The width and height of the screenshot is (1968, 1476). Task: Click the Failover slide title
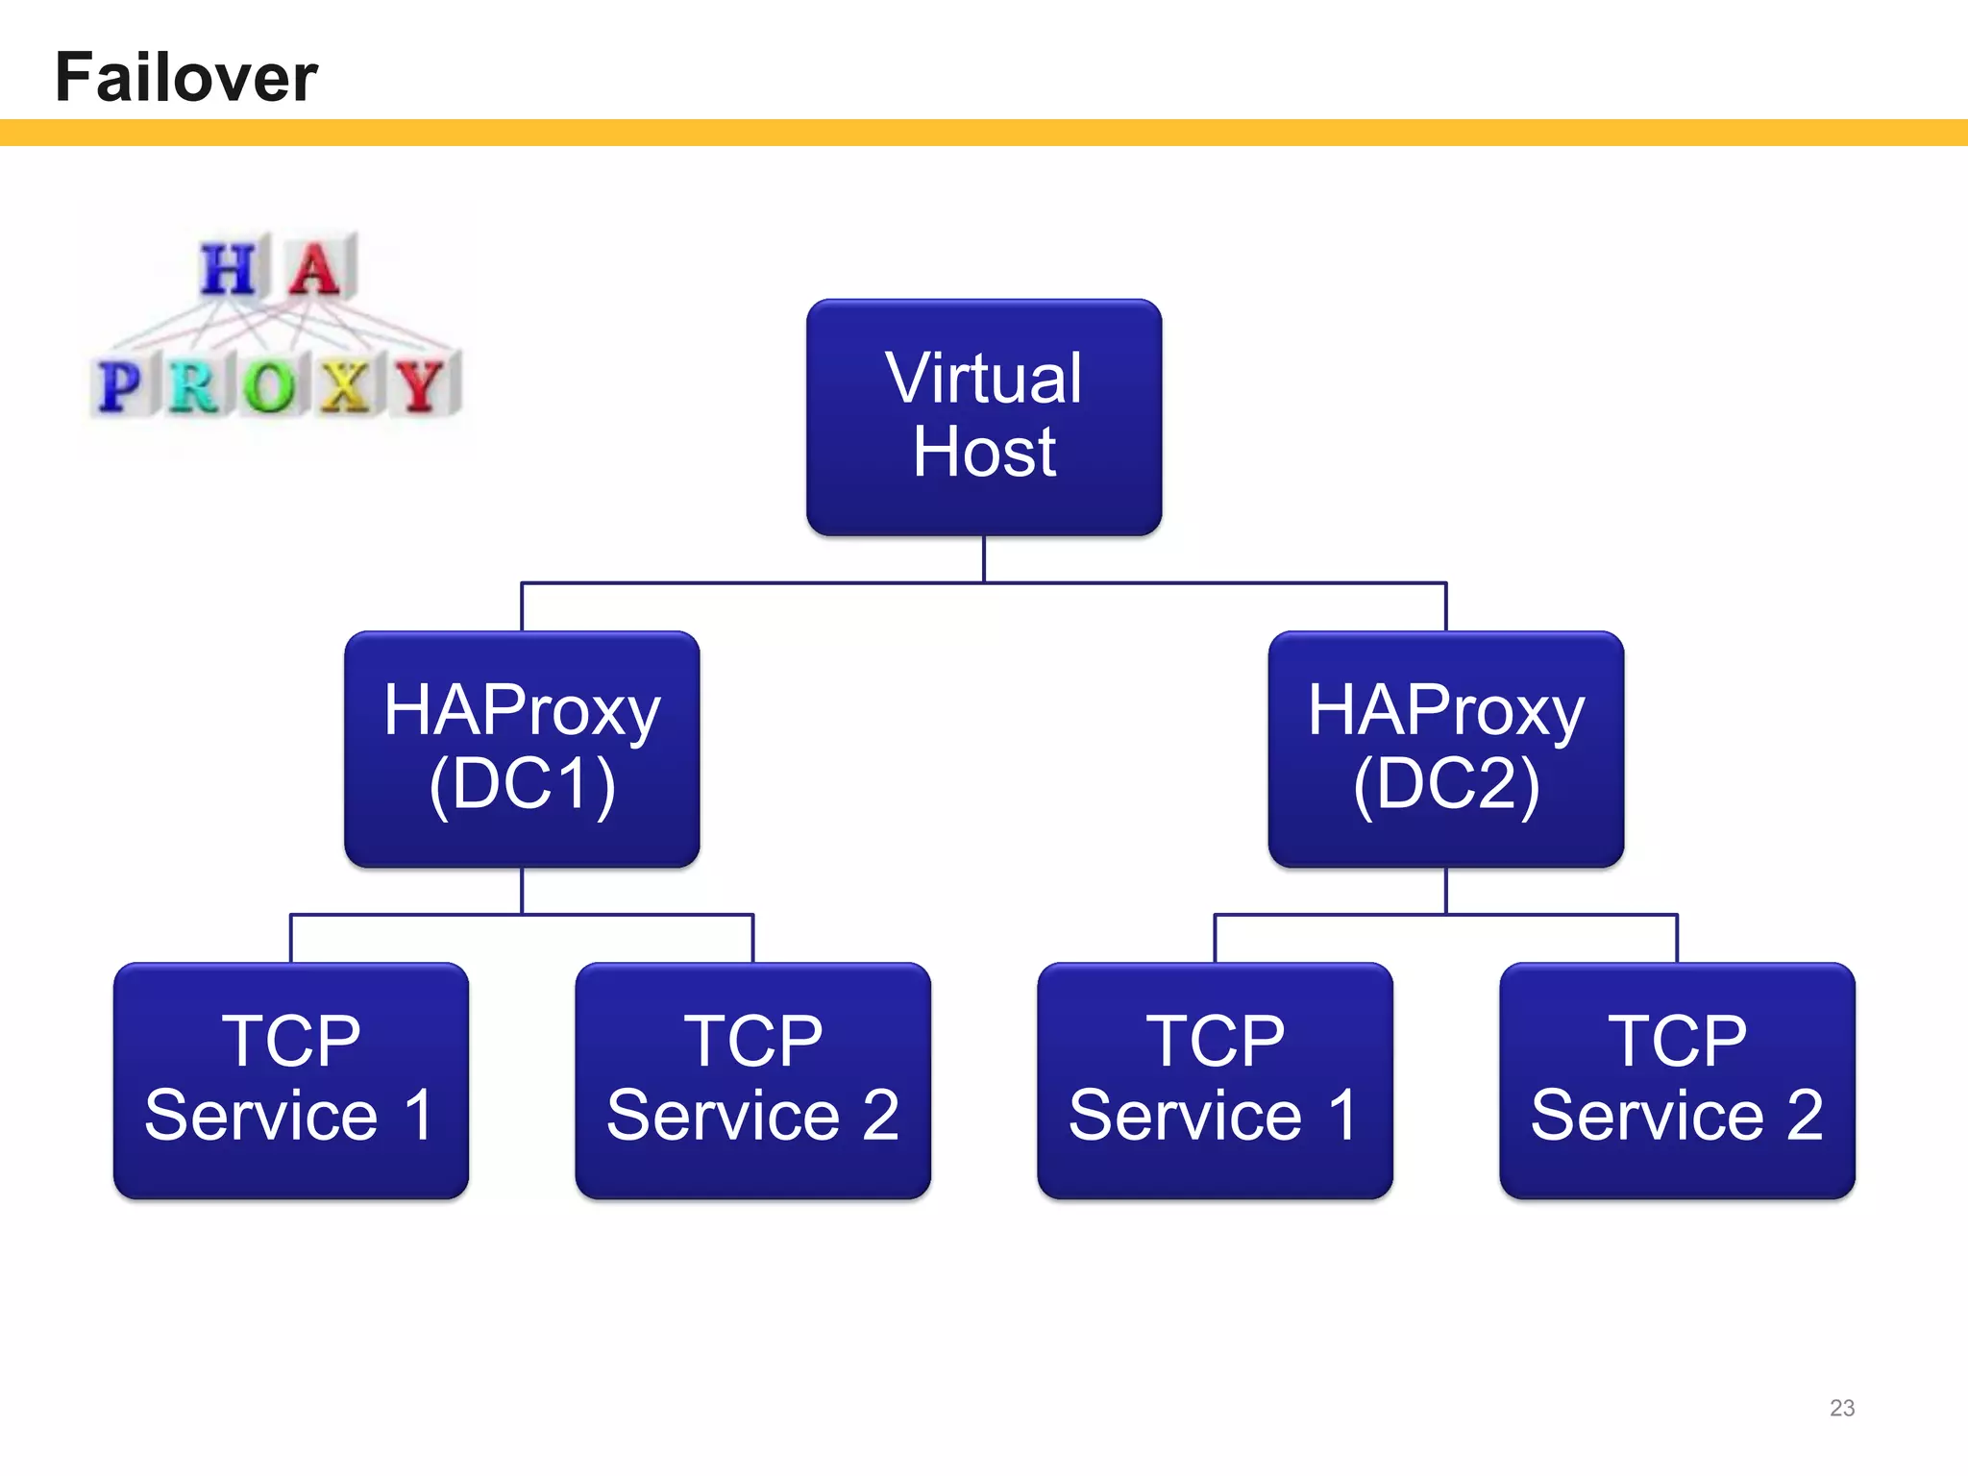tap(185, 77)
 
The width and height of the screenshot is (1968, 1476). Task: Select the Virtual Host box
tap(983, 416)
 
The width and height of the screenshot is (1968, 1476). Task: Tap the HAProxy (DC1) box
tap(522, 749)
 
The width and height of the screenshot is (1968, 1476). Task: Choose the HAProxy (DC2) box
tap(1445, 749)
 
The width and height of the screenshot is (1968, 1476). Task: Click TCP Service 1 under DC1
tap(291, 1080)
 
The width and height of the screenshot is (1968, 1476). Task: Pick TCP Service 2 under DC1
tap(752, 1080)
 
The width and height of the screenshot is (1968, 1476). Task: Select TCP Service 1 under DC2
tap(1215, 1080)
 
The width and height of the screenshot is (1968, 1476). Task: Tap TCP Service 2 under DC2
tap(1677, 1080)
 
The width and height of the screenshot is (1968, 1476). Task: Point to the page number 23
tap(1841, 1408)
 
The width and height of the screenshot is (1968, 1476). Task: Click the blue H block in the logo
tap(229, 268)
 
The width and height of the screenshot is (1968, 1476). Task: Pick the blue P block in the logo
tap(120, 386)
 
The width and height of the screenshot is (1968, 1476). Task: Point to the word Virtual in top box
tap(983, 379)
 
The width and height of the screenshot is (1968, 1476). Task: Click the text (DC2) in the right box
tap(1445, 785)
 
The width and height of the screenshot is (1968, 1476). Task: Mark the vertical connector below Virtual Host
tap(983, 558)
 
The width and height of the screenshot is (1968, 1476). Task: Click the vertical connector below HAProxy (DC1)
tap(522, 891)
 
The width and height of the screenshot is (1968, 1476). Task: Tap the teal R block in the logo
tap(195, 386)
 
